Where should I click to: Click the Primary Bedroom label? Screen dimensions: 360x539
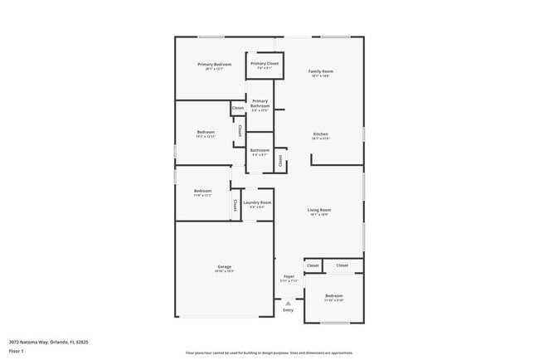(x=214, y=65)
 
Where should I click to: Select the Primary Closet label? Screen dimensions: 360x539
(x=265, y=64)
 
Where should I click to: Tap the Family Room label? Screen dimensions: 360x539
(x=321, y=72)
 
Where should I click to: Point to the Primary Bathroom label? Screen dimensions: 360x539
(x=260, y=104)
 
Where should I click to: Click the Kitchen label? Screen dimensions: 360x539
(x=321, y=134)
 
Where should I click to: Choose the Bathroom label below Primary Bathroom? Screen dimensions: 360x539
(x=260, y=150)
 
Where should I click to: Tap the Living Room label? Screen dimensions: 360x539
(x=320, y=210)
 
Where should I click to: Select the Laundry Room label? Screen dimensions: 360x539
(x=257, y=203)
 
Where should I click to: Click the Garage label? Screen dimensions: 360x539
(x=224, y=266)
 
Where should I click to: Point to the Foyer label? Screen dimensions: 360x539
(x=289, y=276)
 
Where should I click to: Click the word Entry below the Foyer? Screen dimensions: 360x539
(x=288, y=310)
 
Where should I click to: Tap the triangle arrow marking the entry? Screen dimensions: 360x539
(x=288, y=303)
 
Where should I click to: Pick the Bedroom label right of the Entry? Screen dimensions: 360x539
(x=334, y=296)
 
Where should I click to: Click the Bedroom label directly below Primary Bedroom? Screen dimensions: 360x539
(x=205, y=132)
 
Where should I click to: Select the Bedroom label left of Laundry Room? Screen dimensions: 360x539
(x=202, y=191)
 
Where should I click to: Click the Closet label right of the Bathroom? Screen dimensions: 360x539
(x=280, y=161)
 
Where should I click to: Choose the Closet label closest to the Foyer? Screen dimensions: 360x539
(x=313, y=265)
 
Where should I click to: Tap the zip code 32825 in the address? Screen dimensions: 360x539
(x=80, y=340)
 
